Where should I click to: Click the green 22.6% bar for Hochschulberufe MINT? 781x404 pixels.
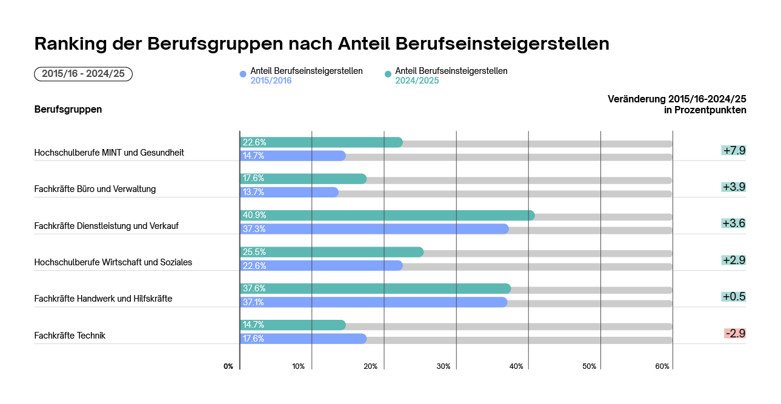(x=321, y=142)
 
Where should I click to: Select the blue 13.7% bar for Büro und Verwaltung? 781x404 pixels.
(x=289, y=193)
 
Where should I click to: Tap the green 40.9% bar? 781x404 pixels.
(x=387, y=216)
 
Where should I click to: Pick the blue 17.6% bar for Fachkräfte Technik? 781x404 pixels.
(x=303, y=339)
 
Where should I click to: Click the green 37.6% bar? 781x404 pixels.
(x=375, y=289)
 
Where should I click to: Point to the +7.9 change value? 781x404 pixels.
(x=734, y=150)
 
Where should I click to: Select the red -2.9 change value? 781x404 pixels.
(x=735, y=333)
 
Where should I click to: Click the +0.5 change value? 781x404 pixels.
(x=734, y=297)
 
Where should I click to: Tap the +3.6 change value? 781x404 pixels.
(x=734, y=224)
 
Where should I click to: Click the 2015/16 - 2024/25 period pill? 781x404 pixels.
(x=84, y=74)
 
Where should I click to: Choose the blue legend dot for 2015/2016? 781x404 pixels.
(x=244, y=75)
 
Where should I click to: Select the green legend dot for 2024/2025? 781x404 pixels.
(x=388, y=75)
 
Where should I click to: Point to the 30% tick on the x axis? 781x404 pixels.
(x=444, y=366)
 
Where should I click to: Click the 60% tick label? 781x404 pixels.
(x=662, y=366)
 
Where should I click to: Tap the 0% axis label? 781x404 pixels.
(x=228, y=366)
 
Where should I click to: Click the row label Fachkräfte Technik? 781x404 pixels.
(x=70, y=336)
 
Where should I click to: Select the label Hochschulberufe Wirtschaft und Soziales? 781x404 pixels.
(x=113, y=262)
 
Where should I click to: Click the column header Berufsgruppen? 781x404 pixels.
(x=68, y=110)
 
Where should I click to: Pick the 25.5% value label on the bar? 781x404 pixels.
(x=254, y=252)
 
